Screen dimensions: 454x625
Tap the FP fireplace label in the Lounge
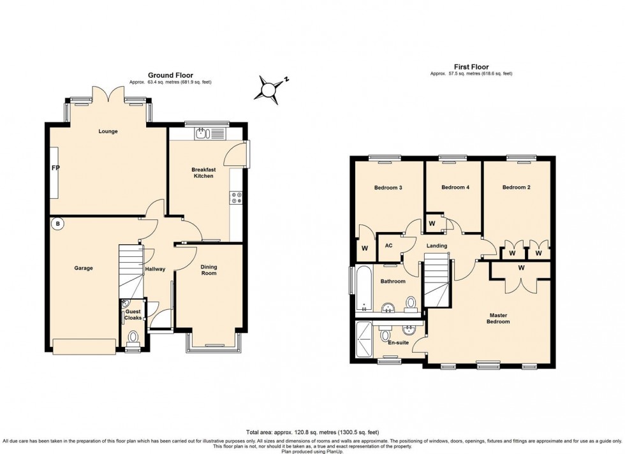click(55, 169)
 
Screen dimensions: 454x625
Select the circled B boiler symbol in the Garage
click(57, 224)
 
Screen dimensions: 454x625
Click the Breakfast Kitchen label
click(203, 173)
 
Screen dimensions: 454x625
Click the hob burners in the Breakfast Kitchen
click(237, 198)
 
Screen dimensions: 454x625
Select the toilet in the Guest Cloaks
click(133, 337)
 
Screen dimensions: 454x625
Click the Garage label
click(83, 268)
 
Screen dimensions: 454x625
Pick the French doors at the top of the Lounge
click(108, 96)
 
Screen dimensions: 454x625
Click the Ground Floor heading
click(170, 75)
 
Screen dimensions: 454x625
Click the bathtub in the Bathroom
click(363, 289)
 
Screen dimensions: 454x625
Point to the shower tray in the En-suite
click(364, 341)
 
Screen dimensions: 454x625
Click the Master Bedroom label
click(499, 318)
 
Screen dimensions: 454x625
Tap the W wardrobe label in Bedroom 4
click(432, 224)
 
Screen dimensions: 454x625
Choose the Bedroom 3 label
click(388, 187)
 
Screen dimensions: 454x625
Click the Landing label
click(437, 245)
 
